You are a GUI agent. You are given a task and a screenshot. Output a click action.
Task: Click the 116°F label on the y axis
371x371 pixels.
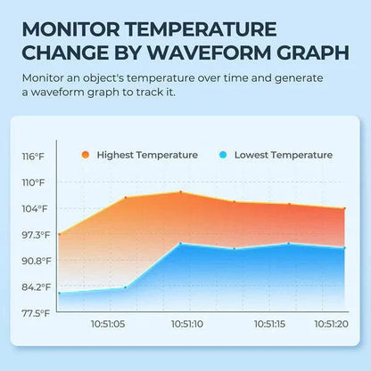(x=33, y=157)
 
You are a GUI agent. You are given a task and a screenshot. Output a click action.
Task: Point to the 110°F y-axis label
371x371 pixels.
(x=33, y=182)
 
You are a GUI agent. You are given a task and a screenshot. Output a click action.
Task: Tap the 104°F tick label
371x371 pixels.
(x=33, y=208)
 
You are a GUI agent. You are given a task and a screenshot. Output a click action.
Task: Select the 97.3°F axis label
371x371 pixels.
(x=35, y=235)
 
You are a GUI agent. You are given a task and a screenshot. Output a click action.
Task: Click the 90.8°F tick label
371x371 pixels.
(x=35, y=261)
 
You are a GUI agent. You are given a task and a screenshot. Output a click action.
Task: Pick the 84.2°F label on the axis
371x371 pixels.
(x=35, y=286)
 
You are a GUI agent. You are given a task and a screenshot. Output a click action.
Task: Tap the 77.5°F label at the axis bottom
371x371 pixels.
(x=35, y=313)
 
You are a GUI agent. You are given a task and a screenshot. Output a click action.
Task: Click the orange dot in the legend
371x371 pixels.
(x=85, y=155)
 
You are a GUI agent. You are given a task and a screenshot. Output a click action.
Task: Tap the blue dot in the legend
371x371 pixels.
(x=222, y=155)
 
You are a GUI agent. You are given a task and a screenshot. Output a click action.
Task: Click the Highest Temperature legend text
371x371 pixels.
(x=146, y=155)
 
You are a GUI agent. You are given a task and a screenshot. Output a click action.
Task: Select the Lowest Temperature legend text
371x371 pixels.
(x=283, y=155)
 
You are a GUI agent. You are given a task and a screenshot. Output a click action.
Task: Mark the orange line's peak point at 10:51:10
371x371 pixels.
(x=181, y=192)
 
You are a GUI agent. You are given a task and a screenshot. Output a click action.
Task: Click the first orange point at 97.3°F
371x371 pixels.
(x=59, y=234)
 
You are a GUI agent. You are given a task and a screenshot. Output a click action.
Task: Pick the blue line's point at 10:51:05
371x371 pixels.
(x=125, y=287)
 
